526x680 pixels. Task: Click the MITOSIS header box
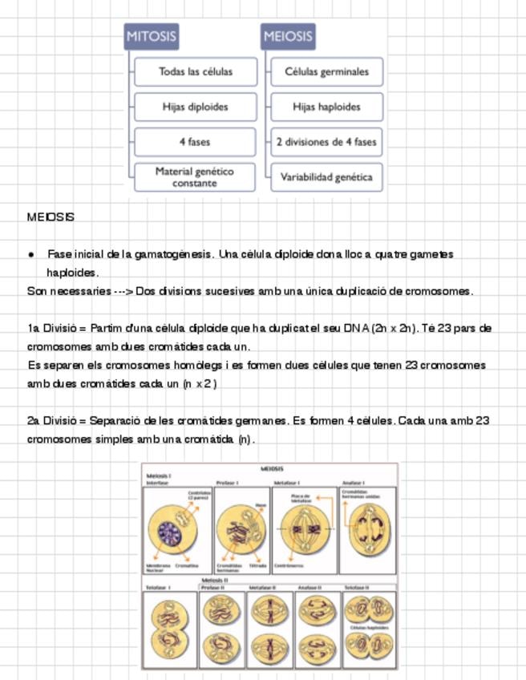coord(151,36)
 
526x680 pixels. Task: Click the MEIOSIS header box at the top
coord(287,36)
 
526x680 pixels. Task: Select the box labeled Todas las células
coord(195,71)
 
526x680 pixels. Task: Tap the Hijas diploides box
coord(195,107)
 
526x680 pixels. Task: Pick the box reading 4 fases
coord(195,142)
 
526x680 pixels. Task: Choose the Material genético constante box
coord(194,177)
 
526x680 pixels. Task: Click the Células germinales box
coord(326,71)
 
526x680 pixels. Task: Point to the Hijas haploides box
coord(326,107)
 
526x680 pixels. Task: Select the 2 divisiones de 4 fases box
coord(326,142)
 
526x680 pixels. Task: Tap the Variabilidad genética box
coord(326,177)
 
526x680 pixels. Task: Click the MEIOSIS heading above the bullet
coord(51,217)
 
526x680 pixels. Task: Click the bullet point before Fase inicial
coord(31,254)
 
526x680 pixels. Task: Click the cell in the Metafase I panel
coord(305,529)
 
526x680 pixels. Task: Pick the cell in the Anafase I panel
coord(368,531)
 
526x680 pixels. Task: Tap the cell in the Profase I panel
coord(241,531)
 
